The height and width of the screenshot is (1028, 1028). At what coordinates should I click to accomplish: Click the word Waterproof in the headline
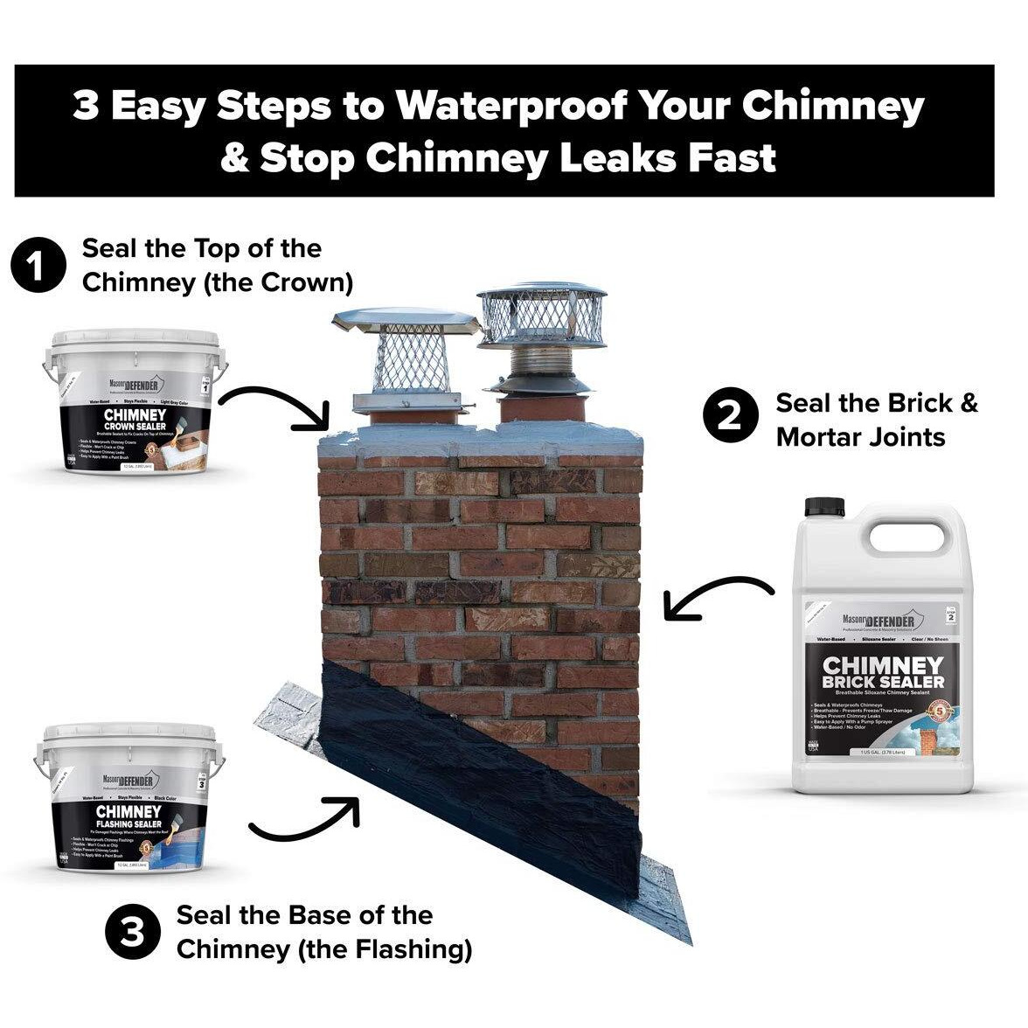click(511, 107)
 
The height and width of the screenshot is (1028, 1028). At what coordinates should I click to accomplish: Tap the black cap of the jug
click(822, 508)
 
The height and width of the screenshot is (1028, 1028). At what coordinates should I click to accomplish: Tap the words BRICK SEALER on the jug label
click(883, 682)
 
